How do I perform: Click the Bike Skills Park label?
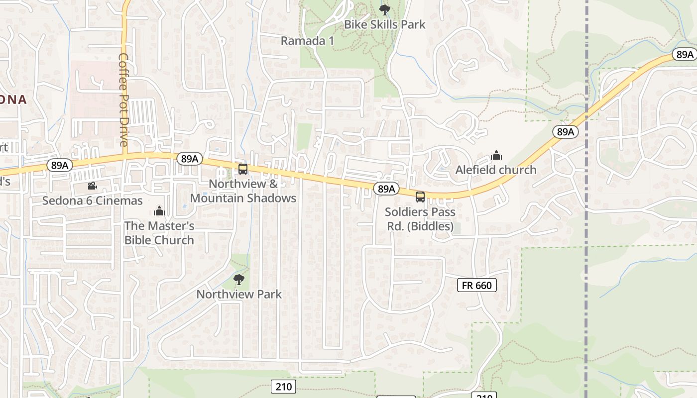[x=385, y=24]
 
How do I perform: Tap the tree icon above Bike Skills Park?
[x=385, y=9]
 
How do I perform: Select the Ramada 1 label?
[x=307, y=41]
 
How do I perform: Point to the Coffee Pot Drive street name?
[x=123, y=99]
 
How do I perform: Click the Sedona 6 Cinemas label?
[x=93, y=201]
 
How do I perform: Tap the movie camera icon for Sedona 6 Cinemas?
[x=92, y=186]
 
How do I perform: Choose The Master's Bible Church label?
[x=159, y=233]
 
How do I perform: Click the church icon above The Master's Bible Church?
[x=159, y=211]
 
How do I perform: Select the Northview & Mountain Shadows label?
[x=243, y=191]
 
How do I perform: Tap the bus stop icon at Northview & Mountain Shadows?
[x=243, y=169]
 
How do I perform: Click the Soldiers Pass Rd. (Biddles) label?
[x=420, y=219]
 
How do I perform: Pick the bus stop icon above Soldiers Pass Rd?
[x=420, y=197]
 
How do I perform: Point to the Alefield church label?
[x=496, y=170]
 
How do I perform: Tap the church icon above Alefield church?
[x=496, y=156]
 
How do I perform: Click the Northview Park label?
[x=239, y=294]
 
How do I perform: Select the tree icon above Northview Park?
[x=239, y=280]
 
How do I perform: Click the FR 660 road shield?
[x=476, y=285]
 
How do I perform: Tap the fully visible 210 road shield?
[x=284, y=387]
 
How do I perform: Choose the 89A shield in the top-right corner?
[x=684, y=54]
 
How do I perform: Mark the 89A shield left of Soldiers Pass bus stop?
[x=386, y=189]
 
